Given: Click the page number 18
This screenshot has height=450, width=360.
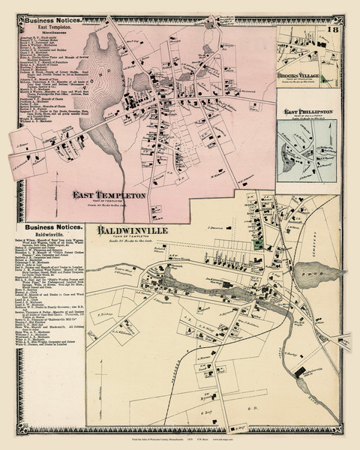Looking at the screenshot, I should point(332,29).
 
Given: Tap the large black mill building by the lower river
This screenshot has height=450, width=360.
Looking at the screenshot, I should point(301,373).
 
